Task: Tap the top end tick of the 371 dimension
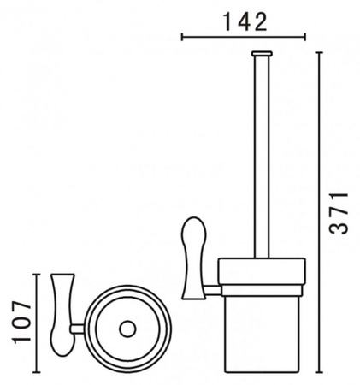coord(317,52)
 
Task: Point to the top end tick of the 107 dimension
coord(35,274)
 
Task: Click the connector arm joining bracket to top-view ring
coord(80,328)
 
